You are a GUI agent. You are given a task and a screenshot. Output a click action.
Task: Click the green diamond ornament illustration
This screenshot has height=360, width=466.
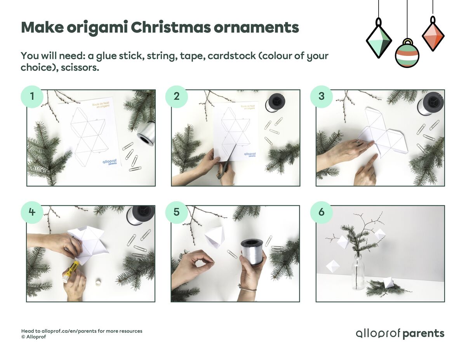[x=379, y=40]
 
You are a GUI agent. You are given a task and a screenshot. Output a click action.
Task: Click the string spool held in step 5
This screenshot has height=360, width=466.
[x=252, y=251]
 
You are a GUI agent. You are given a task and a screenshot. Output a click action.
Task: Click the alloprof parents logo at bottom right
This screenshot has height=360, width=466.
[x=400, y=334]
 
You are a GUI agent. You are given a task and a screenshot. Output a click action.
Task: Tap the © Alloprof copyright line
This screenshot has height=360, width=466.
[x=33, y=337]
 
